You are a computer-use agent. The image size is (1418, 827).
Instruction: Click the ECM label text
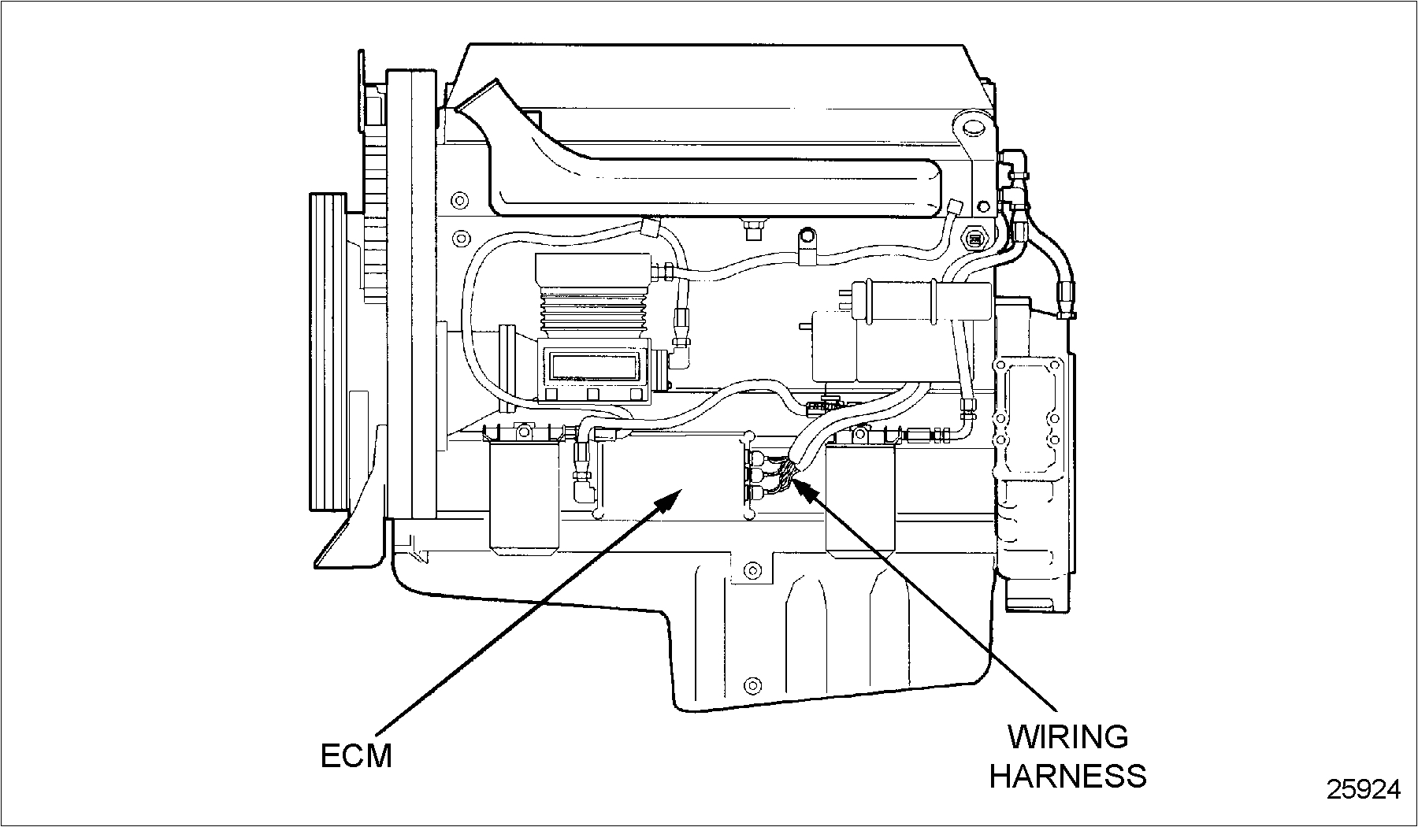356,756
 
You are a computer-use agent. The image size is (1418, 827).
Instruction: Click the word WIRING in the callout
1067,737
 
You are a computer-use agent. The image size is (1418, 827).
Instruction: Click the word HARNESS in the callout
1067,776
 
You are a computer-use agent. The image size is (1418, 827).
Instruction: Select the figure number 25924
1363,789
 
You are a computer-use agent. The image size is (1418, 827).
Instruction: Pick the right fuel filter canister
860,500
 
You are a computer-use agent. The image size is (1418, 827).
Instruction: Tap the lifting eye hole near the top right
973,129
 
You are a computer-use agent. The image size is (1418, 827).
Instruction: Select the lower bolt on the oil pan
752,683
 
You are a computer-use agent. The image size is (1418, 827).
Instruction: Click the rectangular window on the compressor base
594,366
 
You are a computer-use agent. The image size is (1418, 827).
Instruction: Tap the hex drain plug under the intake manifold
752,229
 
